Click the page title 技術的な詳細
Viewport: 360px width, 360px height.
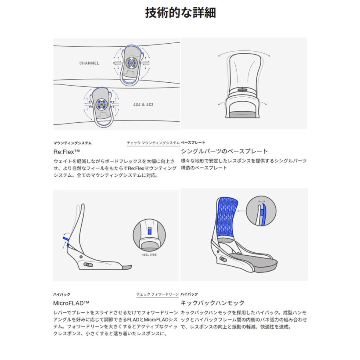click(x=180, y=13)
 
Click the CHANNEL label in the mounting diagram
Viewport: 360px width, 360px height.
click(x=89, y=63)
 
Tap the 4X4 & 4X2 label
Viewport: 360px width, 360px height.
click(x=143, y=105)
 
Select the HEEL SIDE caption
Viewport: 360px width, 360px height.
click(x=149, y=255)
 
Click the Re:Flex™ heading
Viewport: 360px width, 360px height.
click(x=66, y=152)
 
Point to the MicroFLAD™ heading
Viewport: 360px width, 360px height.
click(x=71, y=303)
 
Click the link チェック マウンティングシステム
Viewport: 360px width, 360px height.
click(x=153, y=143)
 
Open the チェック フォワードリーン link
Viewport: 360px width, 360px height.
click(x=158, y=294)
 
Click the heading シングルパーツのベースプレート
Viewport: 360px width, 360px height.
click(x=224, y=151)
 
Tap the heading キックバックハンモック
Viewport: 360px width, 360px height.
click(x=213, y=303)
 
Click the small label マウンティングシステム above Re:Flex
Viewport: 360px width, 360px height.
click(x=72, y=143)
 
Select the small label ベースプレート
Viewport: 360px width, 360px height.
click(x=193, y=142)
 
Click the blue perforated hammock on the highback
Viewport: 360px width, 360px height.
click(x=227, y=216)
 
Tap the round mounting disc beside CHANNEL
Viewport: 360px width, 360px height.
click(x=131, y=62)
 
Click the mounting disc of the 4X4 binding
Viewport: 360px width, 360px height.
click(x=101, y=104)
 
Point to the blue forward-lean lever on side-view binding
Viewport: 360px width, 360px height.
click(x=66, y=239)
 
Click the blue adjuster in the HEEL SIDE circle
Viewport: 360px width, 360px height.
click(x=150, y=231)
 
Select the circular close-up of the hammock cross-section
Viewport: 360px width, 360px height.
click(x=261, y=211)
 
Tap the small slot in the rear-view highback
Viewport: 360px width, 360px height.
click(x=242, y=90)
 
